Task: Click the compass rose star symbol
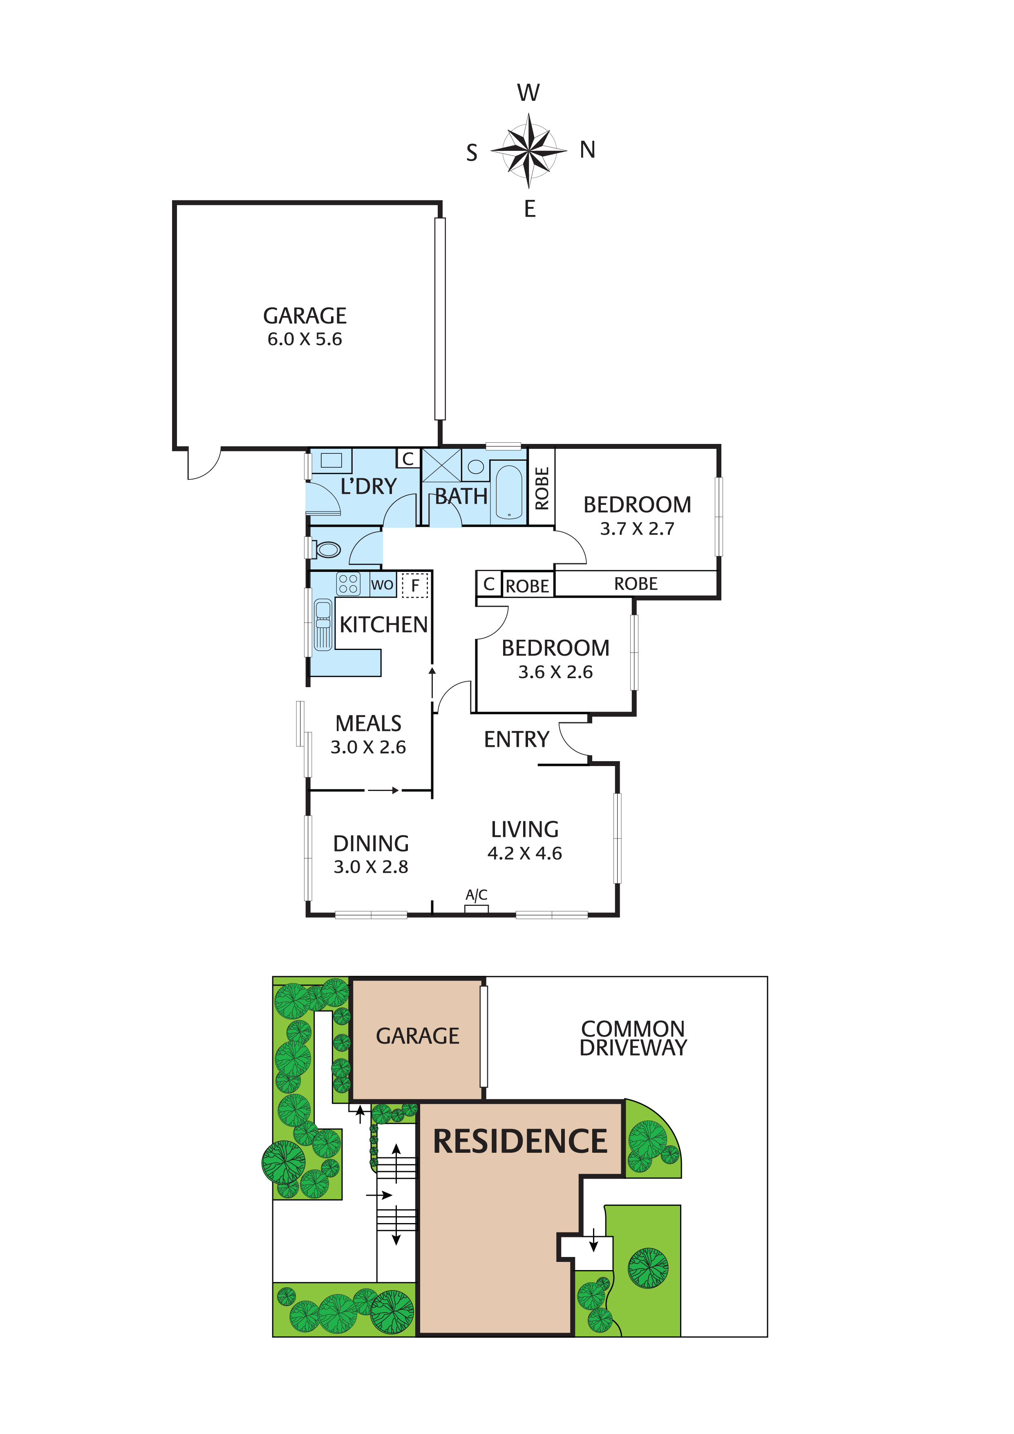[529, 150]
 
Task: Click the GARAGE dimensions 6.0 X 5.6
[305, 339]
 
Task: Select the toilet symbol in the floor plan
[327, 550]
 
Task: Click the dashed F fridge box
[414, 586]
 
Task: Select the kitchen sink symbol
[323, 625]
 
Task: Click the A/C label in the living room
[477, 895]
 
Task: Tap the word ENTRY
[516, 739]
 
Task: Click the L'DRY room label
[368, 486]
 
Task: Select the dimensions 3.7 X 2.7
[637, 529]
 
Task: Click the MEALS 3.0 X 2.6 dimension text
[368, 747]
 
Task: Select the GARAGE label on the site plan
[417, 1036]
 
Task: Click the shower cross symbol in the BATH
[441, 465]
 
